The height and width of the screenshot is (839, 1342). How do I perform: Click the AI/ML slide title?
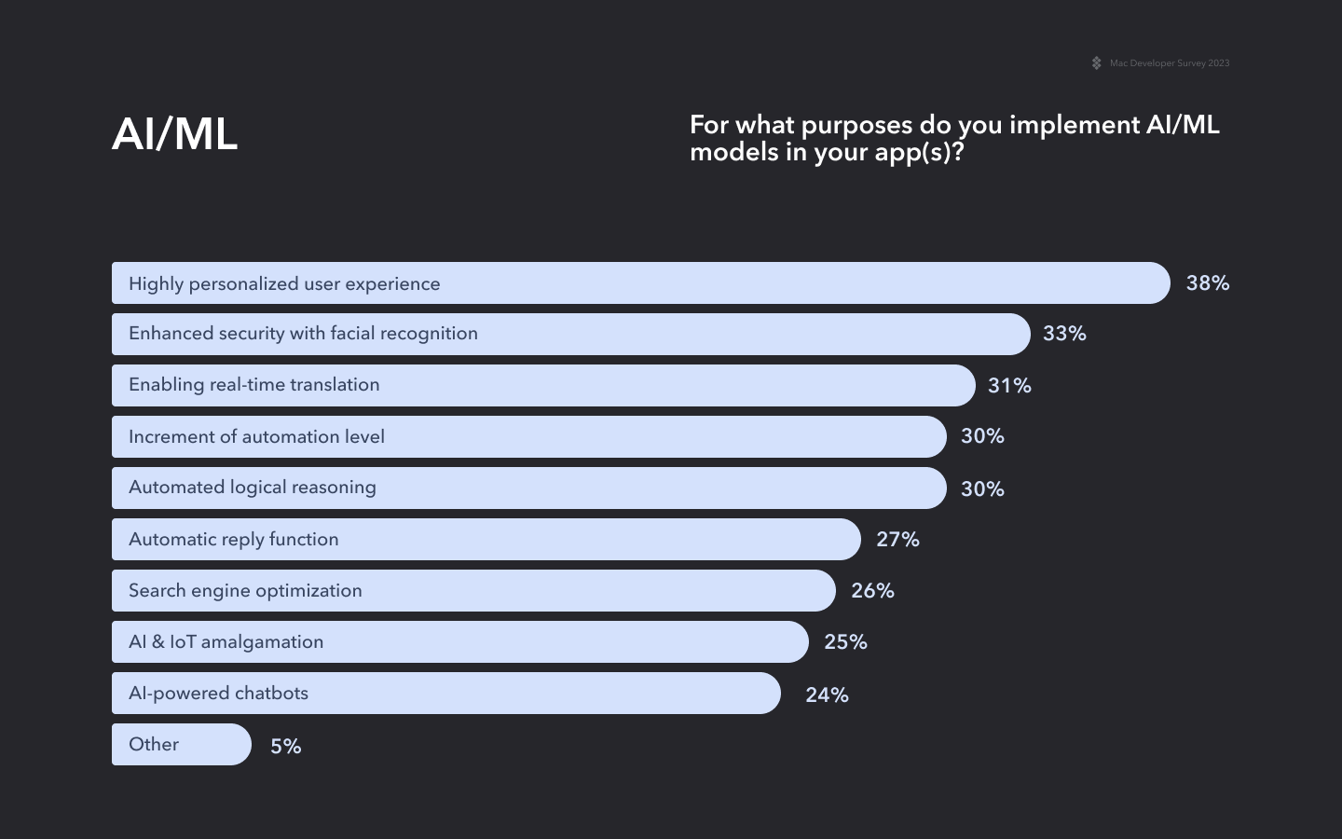174,134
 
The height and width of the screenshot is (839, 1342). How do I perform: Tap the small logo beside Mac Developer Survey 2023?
1096,63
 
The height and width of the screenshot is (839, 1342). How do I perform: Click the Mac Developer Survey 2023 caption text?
1169,63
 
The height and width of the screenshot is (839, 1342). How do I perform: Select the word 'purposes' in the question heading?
856,126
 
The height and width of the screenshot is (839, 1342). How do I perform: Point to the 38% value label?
1207,283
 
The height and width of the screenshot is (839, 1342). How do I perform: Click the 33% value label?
1064,334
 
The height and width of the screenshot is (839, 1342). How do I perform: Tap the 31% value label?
1009,386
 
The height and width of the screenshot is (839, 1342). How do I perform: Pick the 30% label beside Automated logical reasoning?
982,489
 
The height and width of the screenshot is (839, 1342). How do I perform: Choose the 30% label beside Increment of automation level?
982,436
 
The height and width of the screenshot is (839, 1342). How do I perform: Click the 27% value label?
897,540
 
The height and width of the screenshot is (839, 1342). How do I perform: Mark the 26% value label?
872,591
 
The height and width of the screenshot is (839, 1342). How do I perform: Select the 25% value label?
845,642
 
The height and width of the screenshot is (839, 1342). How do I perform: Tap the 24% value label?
827,695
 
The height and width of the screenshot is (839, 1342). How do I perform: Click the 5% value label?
285,747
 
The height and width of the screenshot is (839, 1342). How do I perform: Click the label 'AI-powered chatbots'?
218,694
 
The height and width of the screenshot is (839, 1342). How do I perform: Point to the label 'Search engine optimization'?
245,591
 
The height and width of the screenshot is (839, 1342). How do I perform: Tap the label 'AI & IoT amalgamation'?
226,642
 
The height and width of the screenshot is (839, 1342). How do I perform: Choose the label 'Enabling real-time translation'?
253,385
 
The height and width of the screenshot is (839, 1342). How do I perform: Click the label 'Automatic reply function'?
233,540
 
